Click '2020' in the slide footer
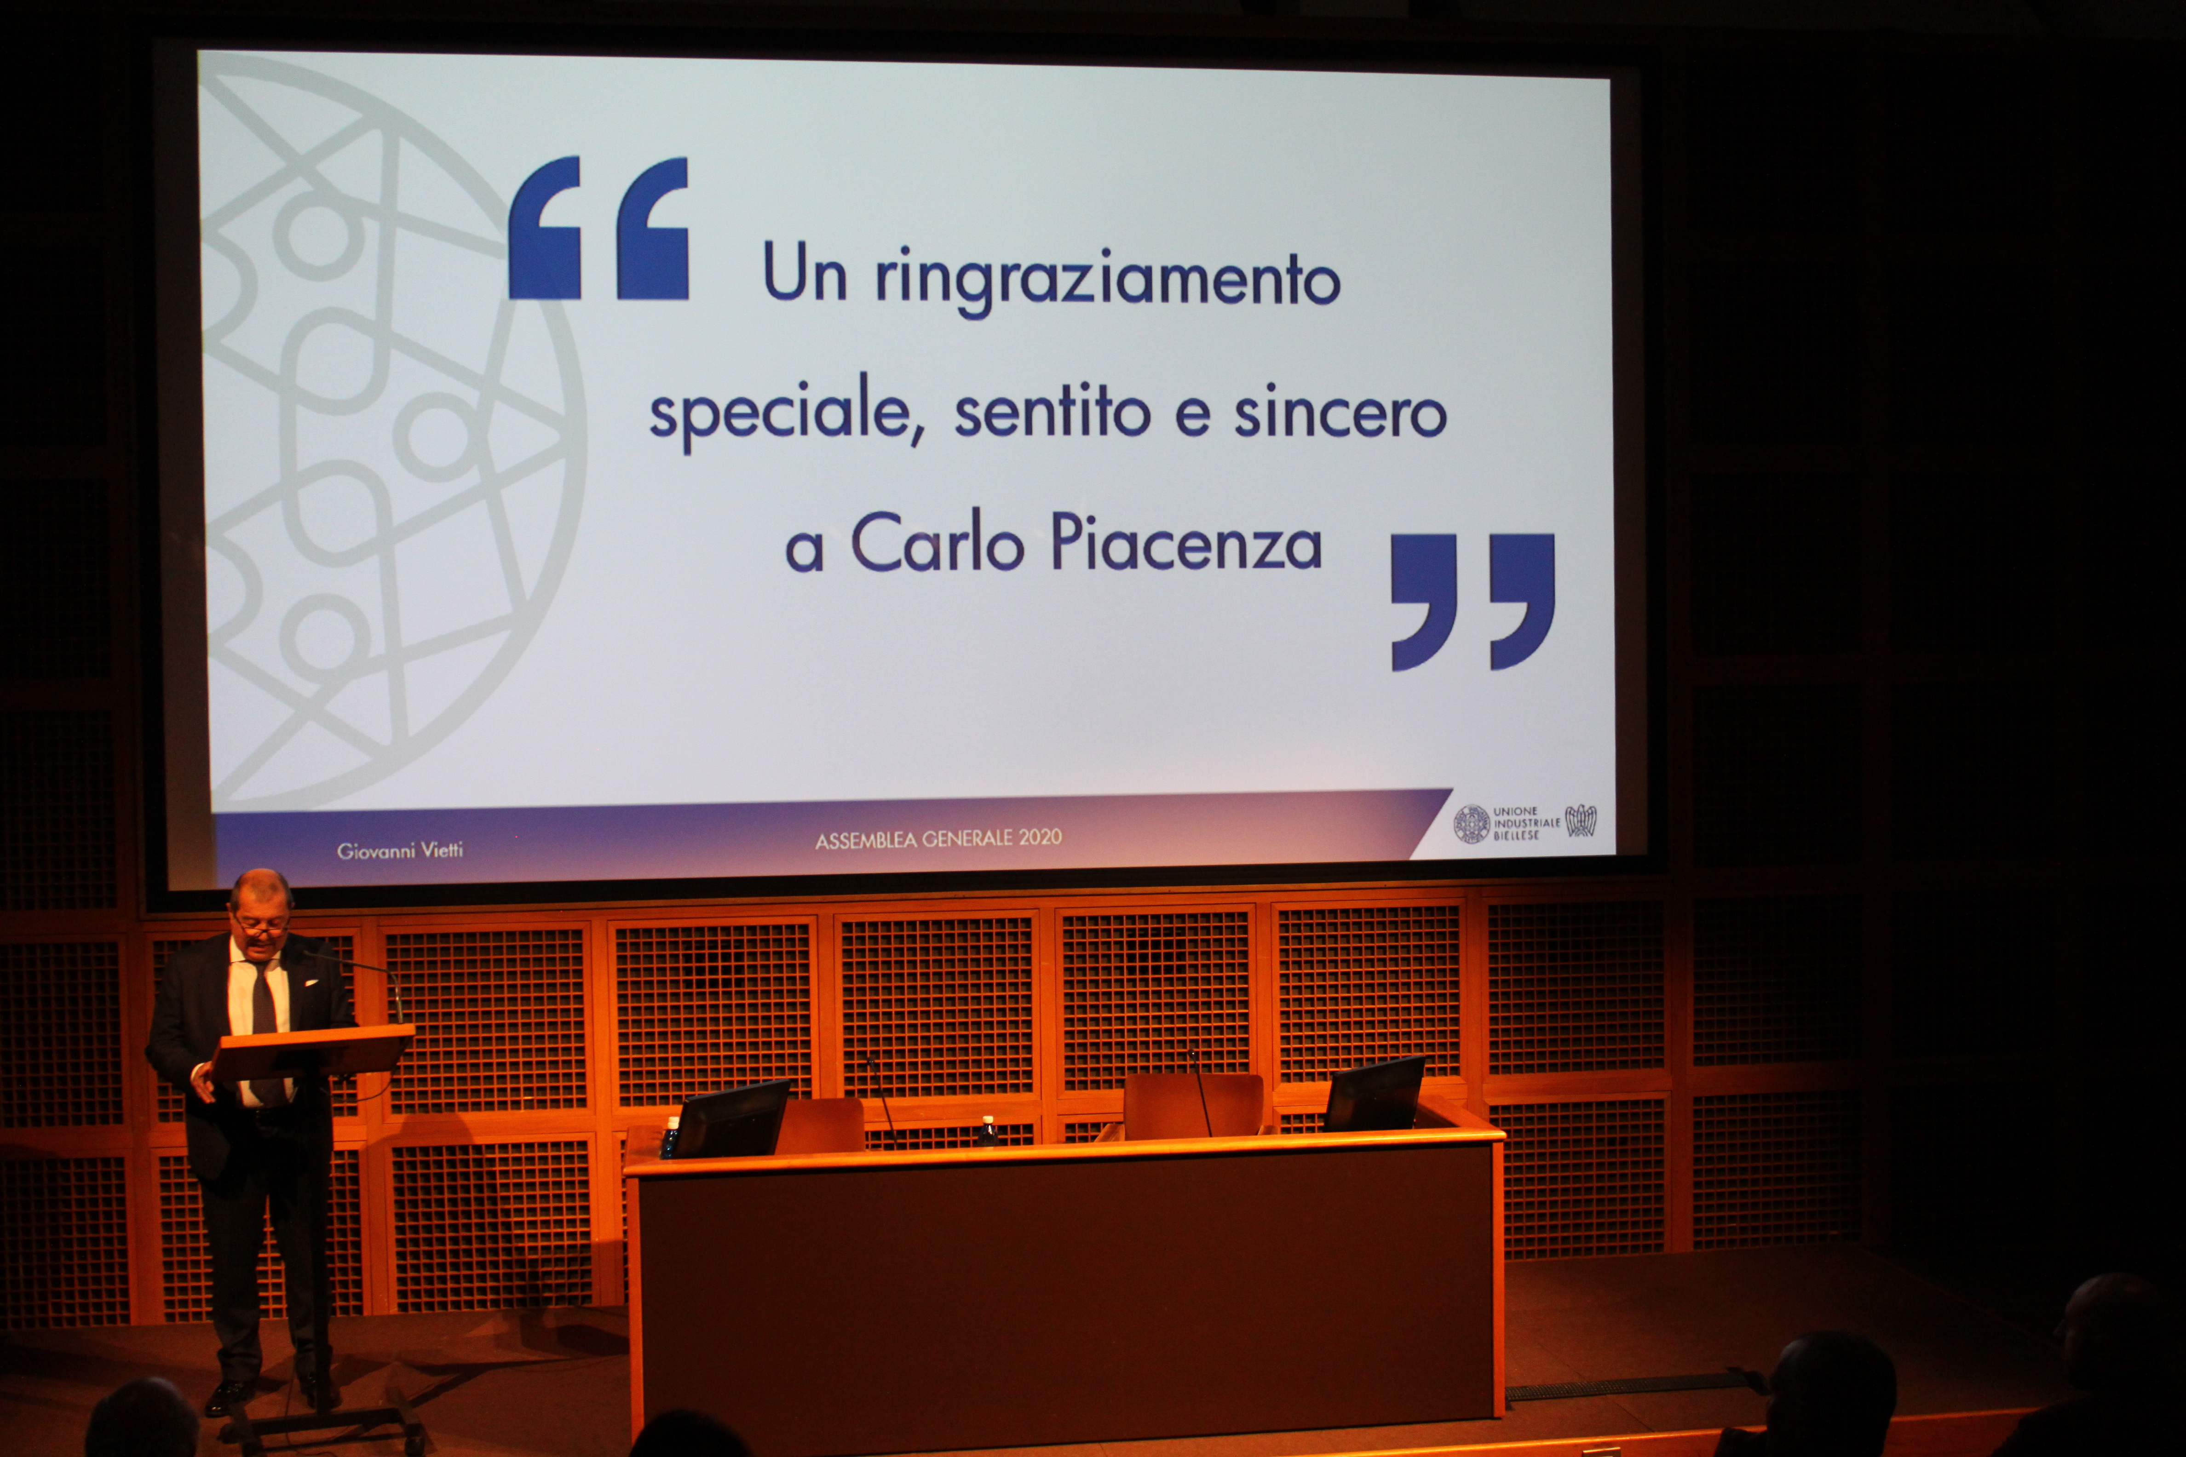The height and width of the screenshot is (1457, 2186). [1040, 837]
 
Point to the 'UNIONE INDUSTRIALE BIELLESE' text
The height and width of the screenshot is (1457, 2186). [1526, 823]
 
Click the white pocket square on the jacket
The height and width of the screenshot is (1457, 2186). [310, 981]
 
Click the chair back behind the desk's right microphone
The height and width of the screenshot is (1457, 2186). [1192, 1106]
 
